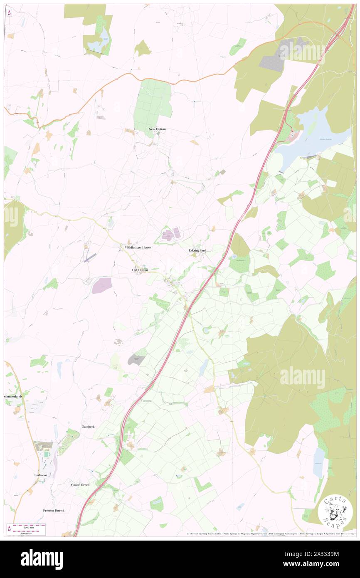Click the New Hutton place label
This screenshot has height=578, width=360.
[157, 129]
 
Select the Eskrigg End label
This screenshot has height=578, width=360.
[197, 250]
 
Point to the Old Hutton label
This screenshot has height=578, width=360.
[140, 270]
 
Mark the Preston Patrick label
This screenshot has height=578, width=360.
[54, 510]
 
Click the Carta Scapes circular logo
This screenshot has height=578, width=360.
[335, 511]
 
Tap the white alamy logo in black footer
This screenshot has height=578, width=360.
[42, 559]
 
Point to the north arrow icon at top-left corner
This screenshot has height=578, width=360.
[9, 12]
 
